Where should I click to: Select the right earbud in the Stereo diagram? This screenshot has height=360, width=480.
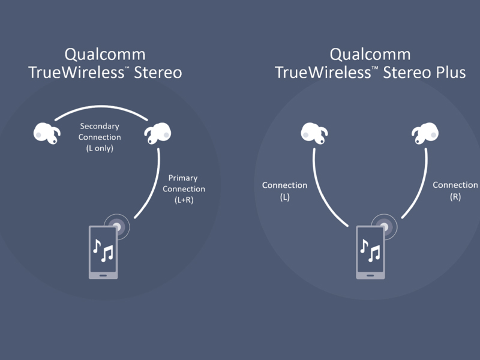(157, 134)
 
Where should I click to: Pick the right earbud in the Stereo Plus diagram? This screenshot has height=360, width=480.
(424, 134)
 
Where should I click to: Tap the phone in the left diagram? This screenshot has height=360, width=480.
(103, 252)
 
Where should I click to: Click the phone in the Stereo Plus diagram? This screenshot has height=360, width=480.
(371, 252)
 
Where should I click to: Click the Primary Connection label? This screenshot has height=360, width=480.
(183, 184)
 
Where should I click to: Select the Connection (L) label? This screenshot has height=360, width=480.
(284, 185)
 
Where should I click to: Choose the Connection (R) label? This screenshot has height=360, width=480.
(455, 185)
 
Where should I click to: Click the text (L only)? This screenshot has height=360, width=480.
(100, 148)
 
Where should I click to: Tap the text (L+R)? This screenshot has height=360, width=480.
(183, 200)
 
